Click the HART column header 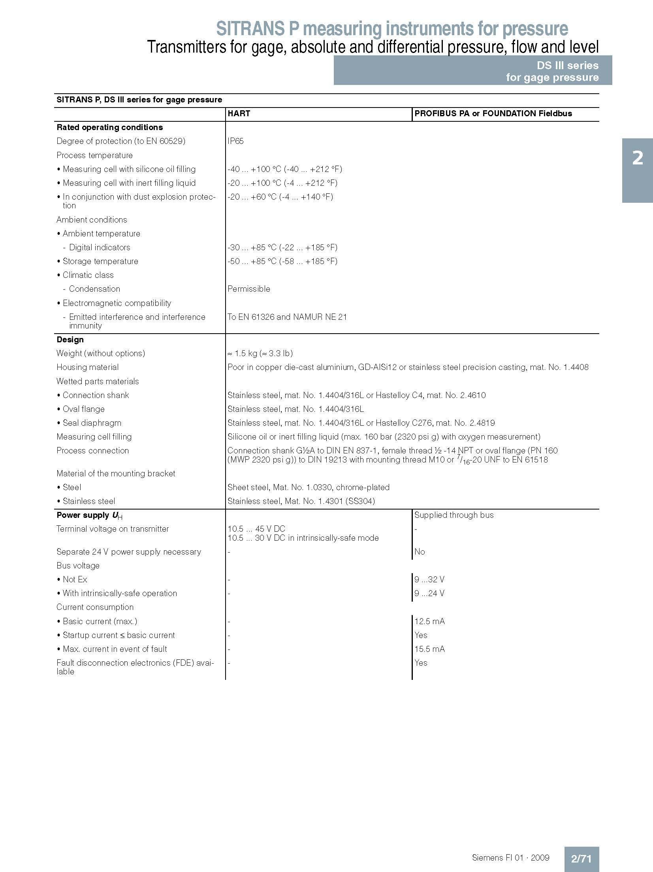tap(239, 113)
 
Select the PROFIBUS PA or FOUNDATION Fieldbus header tap(493, 113)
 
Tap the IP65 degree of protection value tap(235, 141)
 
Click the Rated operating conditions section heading tap(109, 127)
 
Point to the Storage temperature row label tap(100, 261)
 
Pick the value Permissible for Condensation tap(249, 289)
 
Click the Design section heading tap(70, 340)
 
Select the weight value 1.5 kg tap(260, 353)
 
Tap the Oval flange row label tap(83, 409)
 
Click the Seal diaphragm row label tap(92, 423)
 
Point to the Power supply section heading tap(89, 515)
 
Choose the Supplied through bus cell tap(454, 515)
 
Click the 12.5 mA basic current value tap(429, 621)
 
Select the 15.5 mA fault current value tap(429, 649)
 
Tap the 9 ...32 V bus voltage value tap(429, 579)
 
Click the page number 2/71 tap(581, 856)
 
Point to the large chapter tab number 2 tap(638, 159)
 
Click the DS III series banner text tap(567, 66)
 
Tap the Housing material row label tap(87, 367)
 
